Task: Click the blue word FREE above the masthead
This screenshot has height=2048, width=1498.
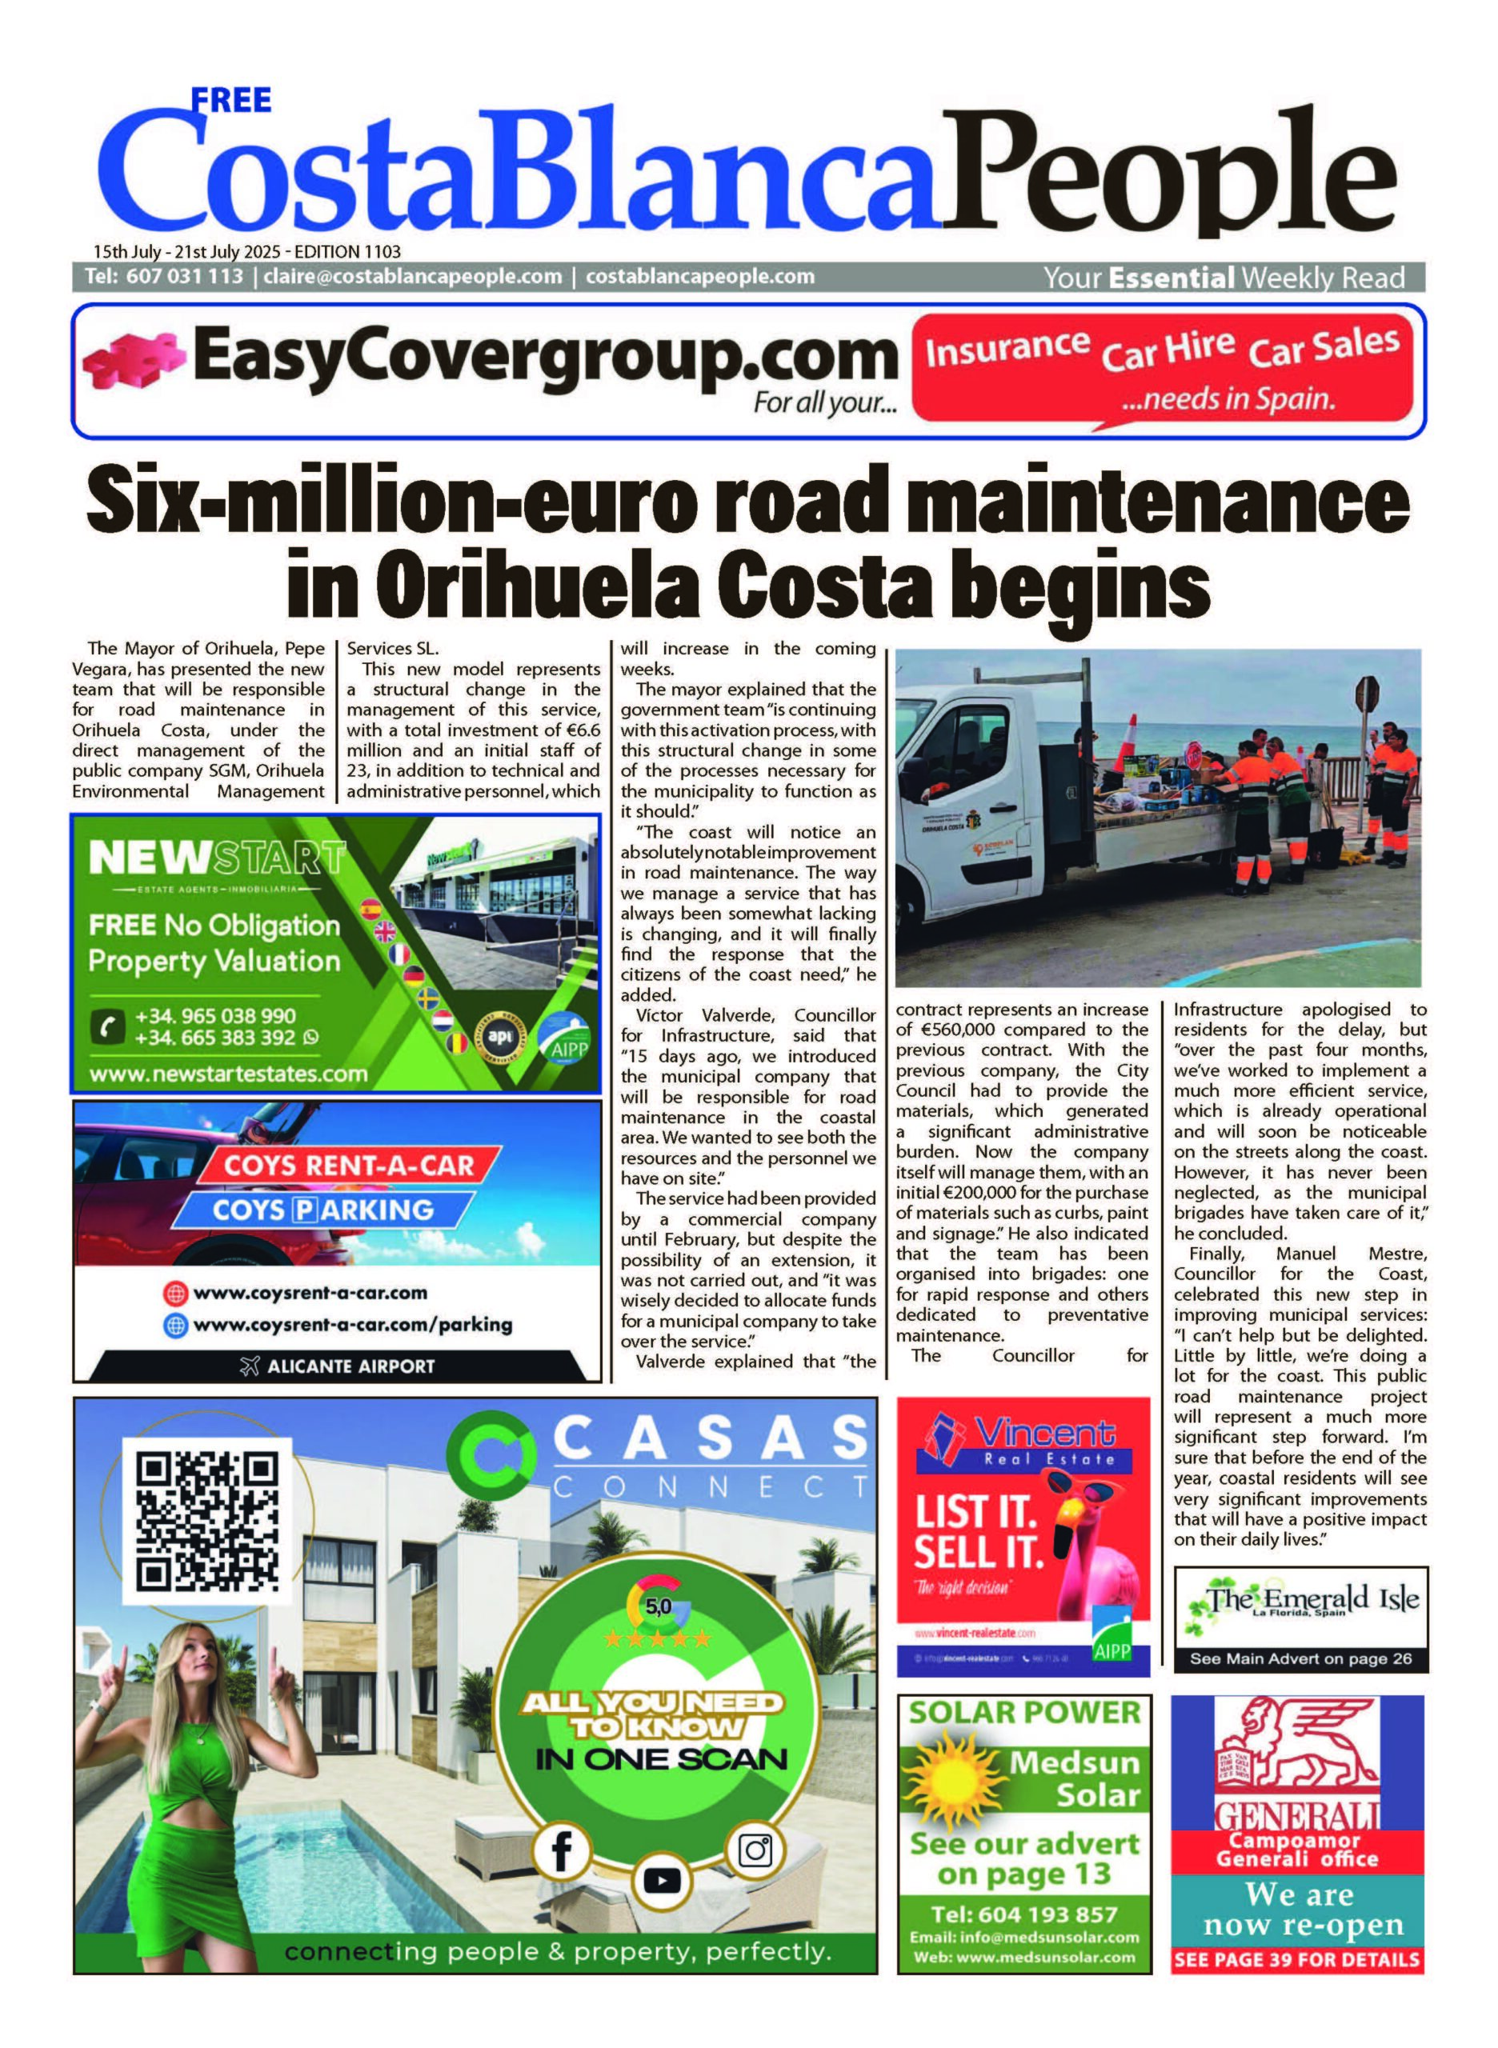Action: coord(231,100)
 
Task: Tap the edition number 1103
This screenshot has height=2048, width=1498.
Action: coord(380,252)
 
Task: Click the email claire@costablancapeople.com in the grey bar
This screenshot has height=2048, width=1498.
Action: coord(413,277)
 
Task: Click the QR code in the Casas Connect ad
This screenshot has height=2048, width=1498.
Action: coord(206,1522)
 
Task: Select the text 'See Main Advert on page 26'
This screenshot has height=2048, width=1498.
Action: coord(1300,1659)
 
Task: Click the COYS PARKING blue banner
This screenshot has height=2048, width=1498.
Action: coord(322,1210)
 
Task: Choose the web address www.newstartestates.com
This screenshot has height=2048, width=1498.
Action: coord(229,1074)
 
